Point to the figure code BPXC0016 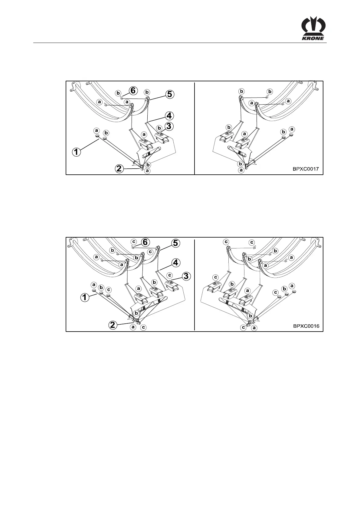coord(306,326)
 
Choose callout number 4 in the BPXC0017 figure coord(169,115)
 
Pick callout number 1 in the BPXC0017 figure coord(76,152)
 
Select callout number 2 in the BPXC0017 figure coord(119,169)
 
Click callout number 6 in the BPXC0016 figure coord(146,242)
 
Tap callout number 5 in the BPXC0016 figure coord(175,243)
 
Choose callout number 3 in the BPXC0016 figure coord(186,276)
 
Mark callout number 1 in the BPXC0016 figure coord(85,297)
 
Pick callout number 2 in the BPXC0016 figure coord(113,325)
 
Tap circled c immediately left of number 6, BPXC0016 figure coord(134,242)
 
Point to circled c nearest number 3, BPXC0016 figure coord(170,275)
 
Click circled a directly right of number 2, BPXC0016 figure coord(133,327)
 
